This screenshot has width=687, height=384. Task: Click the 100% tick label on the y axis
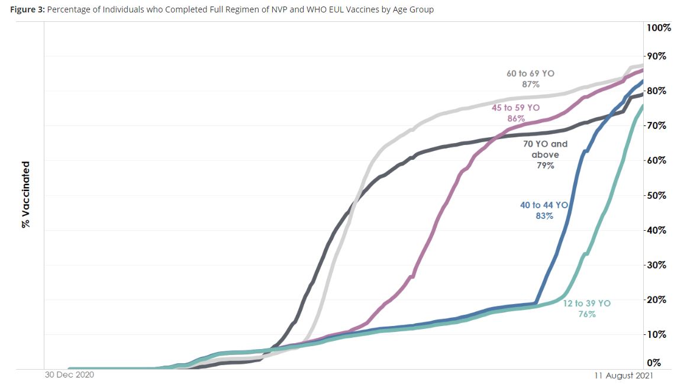click(659, 28)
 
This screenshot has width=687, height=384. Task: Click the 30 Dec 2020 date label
click(70, 375)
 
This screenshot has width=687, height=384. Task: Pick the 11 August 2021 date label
click(624, 375)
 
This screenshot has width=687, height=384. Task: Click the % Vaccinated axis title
click(25, 195)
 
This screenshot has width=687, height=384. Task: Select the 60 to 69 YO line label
click(530, 74)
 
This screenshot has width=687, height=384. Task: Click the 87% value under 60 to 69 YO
click(530, 85)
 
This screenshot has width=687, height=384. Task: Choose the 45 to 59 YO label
click(515, 108)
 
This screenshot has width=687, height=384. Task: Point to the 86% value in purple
click(515, 118)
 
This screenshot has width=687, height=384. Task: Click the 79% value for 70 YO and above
click(545, 166)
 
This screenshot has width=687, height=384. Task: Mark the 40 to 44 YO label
click(544, 205)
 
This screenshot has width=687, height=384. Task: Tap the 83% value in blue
click(544, 216)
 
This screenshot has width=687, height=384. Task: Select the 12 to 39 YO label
click(586, 304)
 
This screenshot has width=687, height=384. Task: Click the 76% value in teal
click(586, 314)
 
